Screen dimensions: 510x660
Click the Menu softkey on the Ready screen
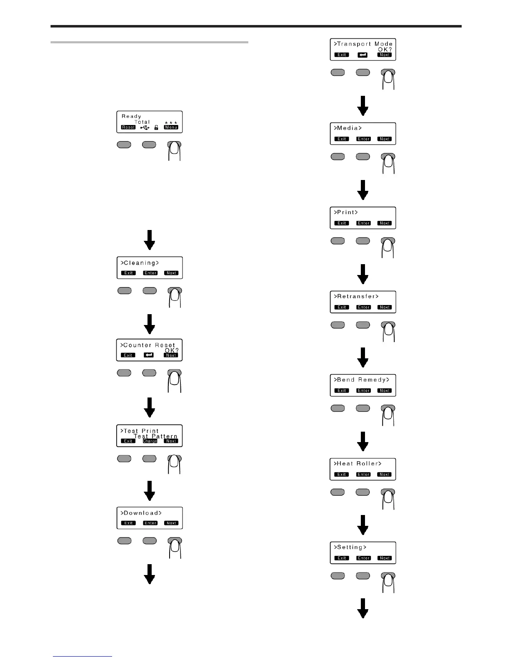(171, 127)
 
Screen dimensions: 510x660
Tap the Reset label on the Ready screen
(128, 127)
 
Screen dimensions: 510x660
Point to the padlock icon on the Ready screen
(156, 127)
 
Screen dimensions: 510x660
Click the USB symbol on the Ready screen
(145, 127)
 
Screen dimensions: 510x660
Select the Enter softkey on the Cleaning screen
(150, 273)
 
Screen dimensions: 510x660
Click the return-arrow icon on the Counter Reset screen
(149, 355)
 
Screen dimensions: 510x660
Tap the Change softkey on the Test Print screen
(150, 441)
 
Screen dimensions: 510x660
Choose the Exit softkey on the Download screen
(128, 523)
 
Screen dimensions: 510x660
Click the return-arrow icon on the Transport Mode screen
(362, 55)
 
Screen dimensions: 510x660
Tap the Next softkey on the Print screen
(385, 223)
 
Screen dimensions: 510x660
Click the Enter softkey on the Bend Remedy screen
(363, 390)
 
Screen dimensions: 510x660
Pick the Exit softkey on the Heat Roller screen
(342, 474)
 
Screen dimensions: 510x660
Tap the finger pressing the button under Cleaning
(175, 297)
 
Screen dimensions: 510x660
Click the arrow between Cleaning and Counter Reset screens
(150, 324)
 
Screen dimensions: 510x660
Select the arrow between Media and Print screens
(363, 190)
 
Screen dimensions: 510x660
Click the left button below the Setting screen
(337, 575)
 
